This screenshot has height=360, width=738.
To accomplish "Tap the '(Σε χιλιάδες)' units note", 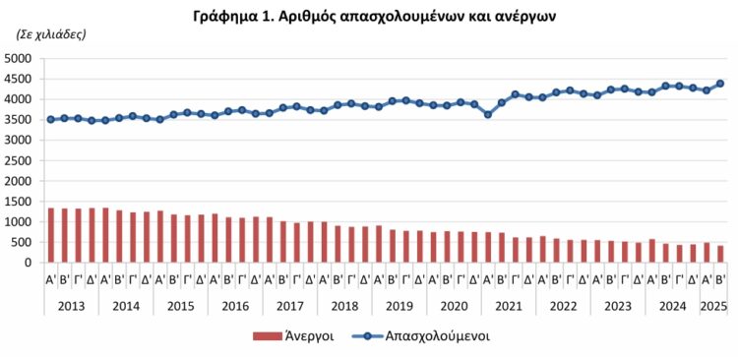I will coord(49,34).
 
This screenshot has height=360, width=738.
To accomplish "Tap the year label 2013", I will coord(71,305).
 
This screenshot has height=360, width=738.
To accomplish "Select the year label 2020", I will coord(453,305).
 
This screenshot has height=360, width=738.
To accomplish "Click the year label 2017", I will coord(289,305).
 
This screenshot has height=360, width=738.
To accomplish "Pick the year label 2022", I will coord(562,305).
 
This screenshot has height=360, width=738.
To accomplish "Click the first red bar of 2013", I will coord(51,236).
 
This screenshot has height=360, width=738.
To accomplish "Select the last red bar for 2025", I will coord(719,254).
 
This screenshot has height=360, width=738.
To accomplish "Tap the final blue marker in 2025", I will coord(719,84).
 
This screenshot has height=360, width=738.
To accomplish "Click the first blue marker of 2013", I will coord(51,119).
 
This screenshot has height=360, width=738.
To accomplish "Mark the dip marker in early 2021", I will coord(487,114).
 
